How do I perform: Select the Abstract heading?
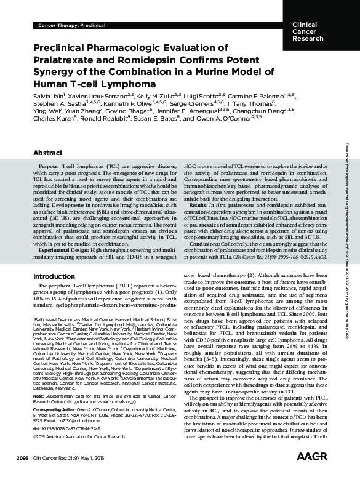pos(48,135)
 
